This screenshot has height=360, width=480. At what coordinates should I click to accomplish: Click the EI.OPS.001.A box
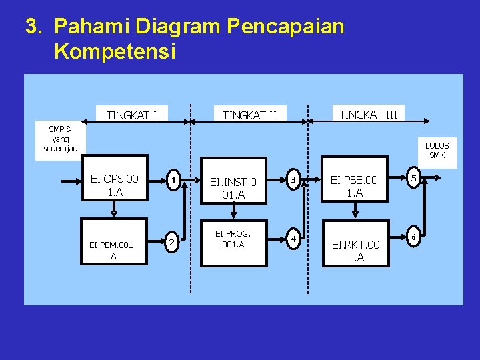click(115, 185)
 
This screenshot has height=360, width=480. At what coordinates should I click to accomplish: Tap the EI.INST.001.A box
click(233, 186)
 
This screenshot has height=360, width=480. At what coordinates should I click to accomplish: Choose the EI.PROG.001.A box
click(233, 239)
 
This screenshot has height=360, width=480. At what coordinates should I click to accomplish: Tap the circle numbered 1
click(173, 180)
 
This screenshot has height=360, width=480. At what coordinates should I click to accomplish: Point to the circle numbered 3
click(293, 178)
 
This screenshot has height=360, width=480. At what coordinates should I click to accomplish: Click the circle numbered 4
click(293, 237)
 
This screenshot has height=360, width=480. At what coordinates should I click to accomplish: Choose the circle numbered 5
click(414, 178)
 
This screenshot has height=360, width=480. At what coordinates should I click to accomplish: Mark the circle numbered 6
click(414, 237)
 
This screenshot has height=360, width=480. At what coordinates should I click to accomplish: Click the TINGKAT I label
click(131, 115)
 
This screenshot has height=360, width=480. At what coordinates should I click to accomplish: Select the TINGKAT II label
click(249, 116)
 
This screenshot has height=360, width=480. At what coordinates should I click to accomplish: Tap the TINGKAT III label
click(368, 115)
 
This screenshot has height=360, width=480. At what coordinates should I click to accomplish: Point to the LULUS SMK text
click(437, 150)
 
